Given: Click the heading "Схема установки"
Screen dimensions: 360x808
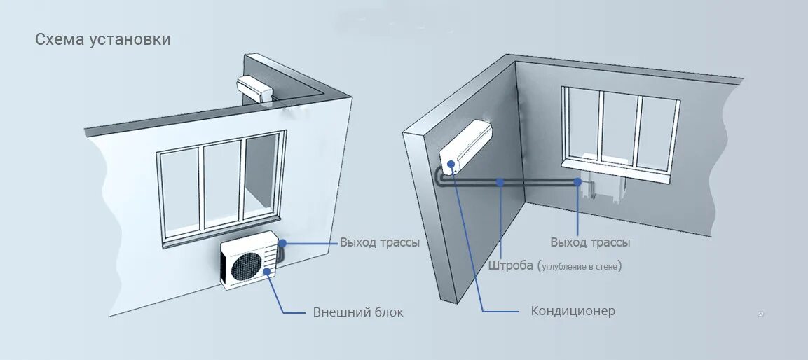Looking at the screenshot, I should pos(103,39).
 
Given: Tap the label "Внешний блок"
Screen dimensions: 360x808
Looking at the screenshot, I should pos(358,312).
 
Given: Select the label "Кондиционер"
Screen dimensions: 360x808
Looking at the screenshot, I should pos(573,310).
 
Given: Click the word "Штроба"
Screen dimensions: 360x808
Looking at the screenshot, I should pos(510,266).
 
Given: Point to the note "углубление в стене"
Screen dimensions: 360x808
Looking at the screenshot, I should pos(580,267).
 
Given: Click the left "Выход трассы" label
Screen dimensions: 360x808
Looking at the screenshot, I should pos(380,242).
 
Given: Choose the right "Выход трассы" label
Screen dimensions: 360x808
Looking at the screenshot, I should pos(590,242).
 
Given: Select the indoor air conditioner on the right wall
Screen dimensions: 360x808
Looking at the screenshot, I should pos(465,146).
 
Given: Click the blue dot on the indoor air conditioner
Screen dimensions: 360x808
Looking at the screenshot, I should pos(449,165).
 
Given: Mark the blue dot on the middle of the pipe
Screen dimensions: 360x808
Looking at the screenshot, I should pos(500,182).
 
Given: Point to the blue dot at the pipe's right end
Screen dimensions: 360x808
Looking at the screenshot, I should pos(577,182).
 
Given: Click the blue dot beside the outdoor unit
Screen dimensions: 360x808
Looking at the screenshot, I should pos(283,243).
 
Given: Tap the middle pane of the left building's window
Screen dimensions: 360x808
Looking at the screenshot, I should pos(222,184).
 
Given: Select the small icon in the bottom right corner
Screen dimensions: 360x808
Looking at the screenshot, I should pos(760,314).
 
